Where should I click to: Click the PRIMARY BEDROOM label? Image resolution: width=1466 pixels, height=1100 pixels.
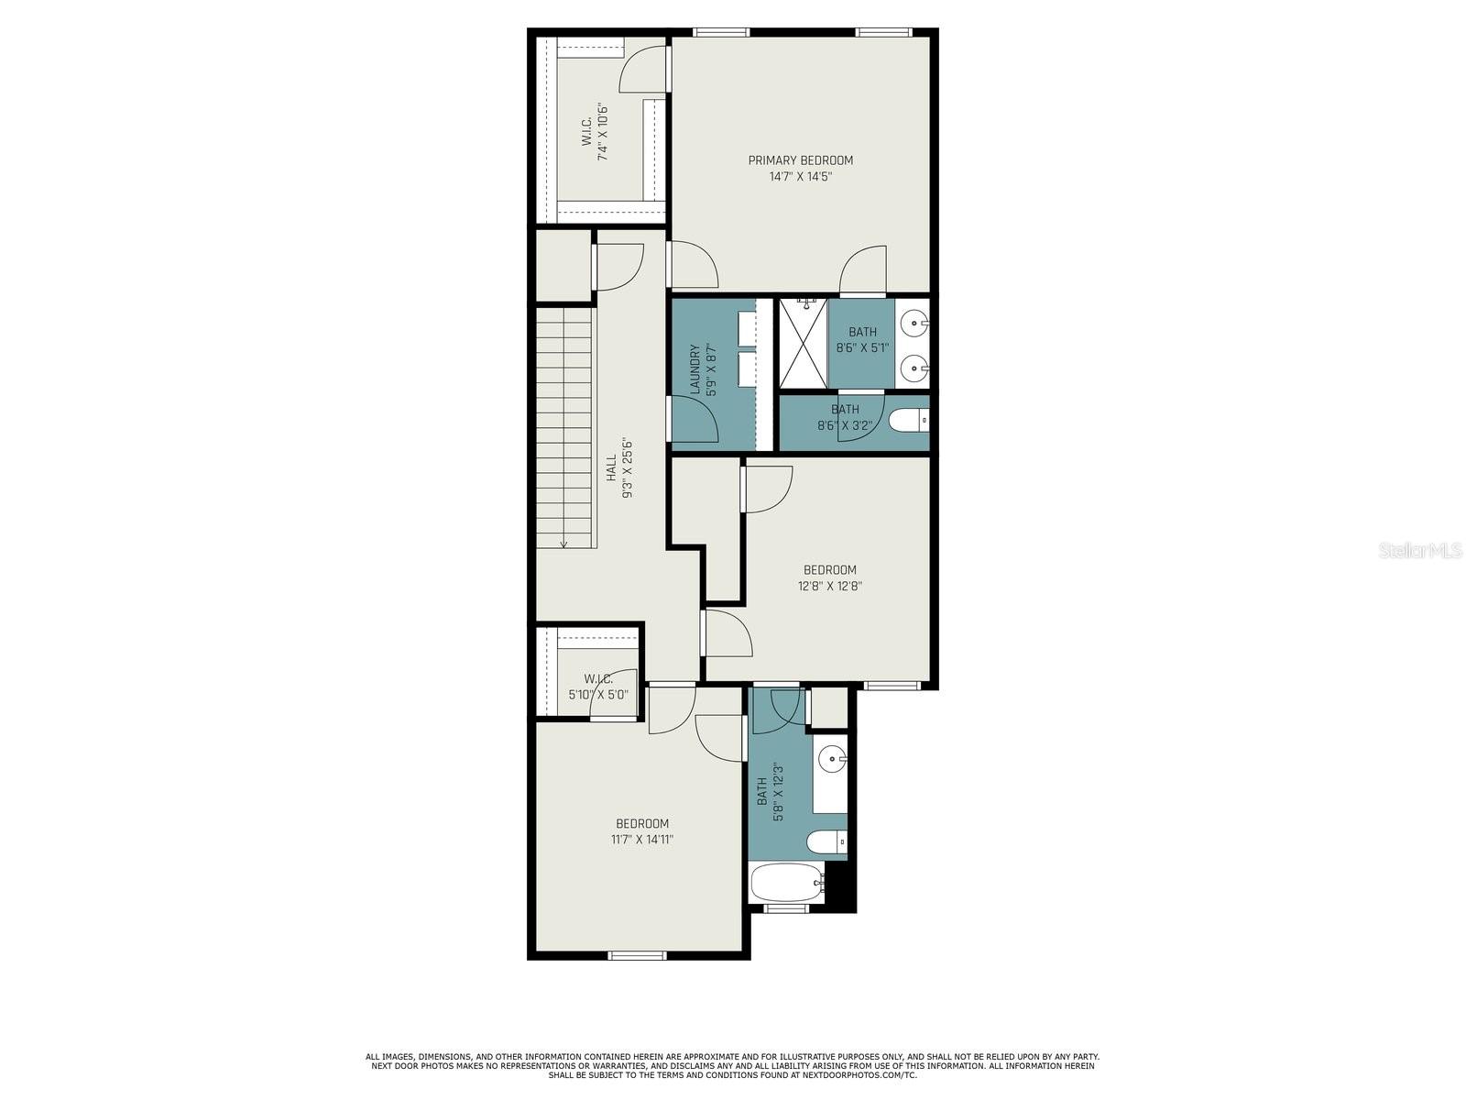[x=800, y=160]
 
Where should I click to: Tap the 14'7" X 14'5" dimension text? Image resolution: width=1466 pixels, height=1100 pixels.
[x=800, y=177]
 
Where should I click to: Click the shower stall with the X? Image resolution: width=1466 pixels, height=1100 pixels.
[x=803, y=344]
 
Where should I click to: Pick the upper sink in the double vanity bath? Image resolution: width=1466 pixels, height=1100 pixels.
[x=913, y=324]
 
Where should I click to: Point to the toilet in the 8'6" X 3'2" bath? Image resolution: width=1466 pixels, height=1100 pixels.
[x=908, y=421]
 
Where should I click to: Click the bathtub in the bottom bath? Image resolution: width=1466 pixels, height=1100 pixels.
[x=784, y=884]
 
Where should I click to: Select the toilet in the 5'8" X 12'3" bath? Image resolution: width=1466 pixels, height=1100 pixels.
[x=826, y=841]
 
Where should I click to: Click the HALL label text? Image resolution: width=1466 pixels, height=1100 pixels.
[x=611, y=467]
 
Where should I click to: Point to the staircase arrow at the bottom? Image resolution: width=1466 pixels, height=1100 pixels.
[x=563, y=543]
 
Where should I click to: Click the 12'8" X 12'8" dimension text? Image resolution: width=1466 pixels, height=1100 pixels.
[x=829, y=587]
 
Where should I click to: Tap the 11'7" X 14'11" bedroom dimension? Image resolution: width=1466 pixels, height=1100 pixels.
[x=641, y=840]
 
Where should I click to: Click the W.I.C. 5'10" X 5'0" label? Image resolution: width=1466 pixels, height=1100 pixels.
[x=598, y=687]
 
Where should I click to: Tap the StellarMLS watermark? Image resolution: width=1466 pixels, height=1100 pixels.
[x=1421, y=551]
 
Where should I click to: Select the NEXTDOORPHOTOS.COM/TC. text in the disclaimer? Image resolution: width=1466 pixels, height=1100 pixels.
[x=858, y=1075]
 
